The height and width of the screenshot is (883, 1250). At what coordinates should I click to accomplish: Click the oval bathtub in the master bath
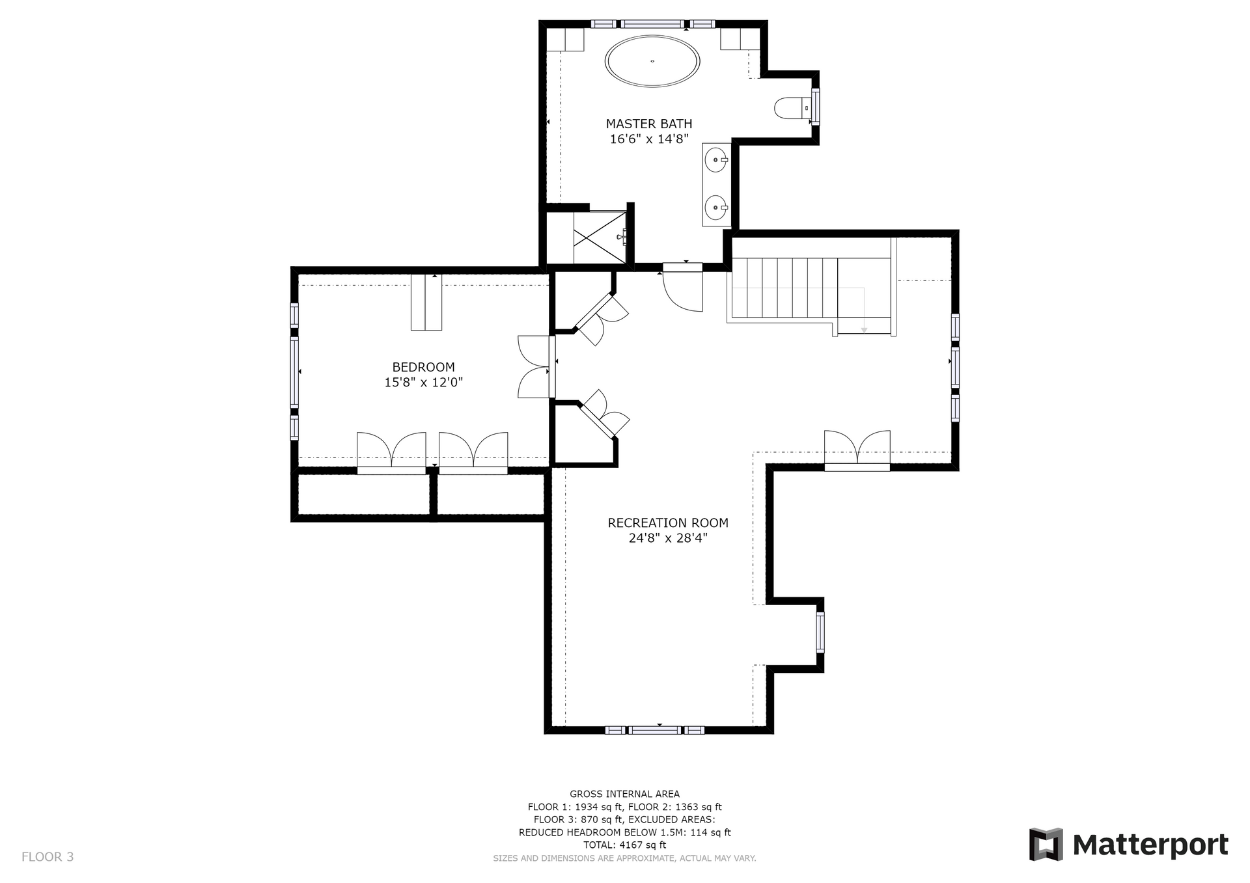[x=652, y=61]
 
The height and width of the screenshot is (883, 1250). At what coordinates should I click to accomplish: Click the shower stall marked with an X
[x=600, y=237]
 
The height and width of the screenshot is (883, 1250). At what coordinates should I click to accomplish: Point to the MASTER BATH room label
[x=649, y=124]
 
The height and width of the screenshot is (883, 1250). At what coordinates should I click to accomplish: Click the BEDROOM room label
[x=423, y=367]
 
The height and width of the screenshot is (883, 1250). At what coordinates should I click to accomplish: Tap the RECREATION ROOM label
[x=668, y=523]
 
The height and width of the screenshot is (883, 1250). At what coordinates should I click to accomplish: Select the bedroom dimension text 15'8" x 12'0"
[x=423, y=383]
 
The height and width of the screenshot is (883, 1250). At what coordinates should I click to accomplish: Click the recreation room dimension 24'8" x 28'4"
[x=668, y=538]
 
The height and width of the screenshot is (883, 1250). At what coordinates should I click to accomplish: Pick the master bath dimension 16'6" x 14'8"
[x=649, y=139]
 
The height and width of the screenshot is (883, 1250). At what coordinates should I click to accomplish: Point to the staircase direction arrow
[x=864, y=310]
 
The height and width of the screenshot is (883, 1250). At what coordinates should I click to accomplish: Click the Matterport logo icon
[x=1046, y=845]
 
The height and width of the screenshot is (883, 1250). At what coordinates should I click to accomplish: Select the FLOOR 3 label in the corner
[x=48, y=857]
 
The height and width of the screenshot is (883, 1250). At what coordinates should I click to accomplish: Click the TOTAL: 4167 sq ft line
[x=624, y=845]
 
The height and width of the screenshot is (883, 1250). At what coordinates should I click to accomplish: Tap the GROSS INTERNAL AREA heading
[x=624, y=794]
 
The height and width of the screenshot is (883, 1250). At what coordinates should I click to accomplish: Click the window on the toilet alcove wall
[x=815, y=106]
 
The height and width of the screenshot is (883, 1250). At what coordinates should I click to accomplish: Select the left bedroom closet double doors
[x=391, y=452]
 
